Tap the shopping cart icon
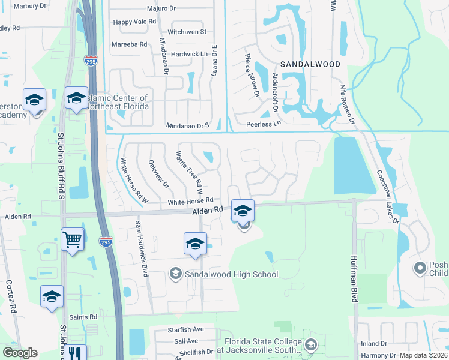pyautogui.click(x=73, y=240)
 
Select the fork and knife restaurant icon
pyautogui.click(x=75, y=353)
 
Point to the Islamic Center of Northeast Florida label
pyautogui.click(x=118, y=102)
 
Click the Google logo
pyautogui.click(x=20, y=353)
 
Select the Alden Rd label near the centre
pyautogui.click(x=208, y=211)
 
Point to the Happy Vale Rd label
pyautogui.click(x=135, y=21)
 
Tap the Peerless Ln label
pyautogui.click(x=264, y=124)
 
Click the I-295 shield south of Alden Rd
pyautogui.click(x=105, y=241)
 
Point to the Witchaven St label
pyautogui.click(x=187, y=31)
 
